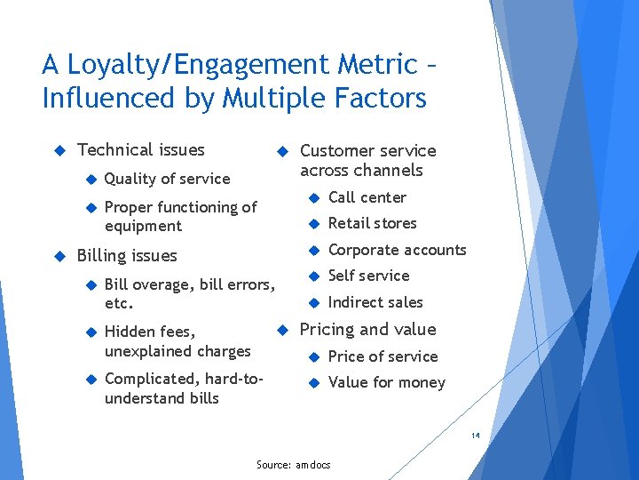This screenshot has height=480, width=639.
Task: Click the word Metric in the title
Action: [x=373, y=65]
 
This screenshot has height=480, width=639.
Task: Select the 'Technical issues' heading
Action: [x=141, y=150]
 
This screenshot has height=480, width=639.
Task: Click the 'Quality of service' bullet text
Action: [x=167, y=179]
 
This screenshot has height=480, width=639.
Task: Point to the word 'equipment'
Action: [x=143, y=226]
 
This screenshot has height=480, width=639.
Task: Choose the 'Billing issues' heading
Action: [x=127, y=256]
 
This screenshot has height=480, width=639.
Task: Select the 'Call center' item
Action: [x=367, y=197]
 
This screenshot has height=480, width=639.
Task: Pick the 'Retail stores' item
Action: [x=372, y=223]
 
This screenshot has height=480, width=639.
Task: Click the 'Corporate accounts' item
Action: [x=397, y=250]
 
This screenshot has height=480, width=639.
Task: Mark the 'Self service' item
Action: [x=368, y=276]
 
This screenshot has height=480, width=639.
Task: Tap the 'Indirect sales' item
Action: [x=375, y=302]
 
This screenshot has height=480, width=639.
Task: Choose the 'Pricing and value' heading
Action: [x=368, y=330]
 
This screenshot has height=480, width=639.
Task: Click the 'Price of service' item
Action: [x=383, y=356]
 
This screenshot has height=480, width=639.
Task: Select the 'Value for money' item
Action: [x=387, y=382]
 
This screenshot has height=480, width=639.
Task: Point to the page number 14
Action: [x=476, y=436]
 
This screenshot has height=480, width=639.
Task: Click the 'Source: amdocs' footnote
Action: [x=293, y=465]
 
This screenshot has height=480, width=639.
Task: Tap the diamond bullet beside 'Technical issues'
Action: [x=60, y=150]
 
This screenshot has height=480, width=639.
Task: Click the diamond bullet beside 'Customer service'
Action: [x=281, y=151]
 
